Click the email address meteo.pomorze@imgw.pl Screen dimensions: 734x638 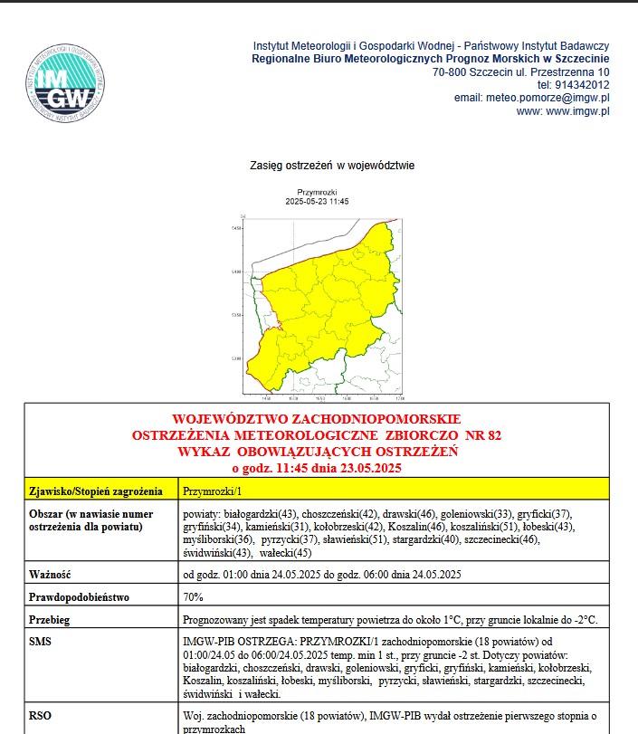pyautogui.click(x=531, y=98)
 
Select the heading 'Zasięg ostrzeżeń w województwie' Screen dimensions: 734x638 pyautogui.click(x=331, y=167)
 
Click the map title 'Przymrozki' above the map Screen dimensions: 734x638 pyautogui.click(x=316, y=193)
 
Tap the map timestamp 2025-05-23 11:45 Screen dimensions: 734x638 pyautogui.click(x=316, y=202)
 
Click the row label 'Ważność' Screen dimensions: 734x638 pyautogui.click(x=50, y=575)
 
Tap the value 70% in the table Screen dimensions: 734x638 pyautogui.click(x=193, y=597)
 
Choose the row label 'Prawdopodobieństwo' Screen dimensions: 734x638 pyautogui.click(x=79, y=597)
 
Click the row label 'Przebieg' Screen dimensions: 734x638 pyautogui.click(x=50, y=621)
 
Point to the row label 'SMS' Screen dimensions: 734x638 pyautogui.click(x=41, y=640)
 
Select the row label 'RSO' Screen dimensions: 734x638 pyautogui.click(x=41, y=714)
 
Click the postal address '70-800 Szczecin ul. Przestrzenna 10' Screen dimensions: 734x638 pyautogui.click(x=521, y=71)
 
